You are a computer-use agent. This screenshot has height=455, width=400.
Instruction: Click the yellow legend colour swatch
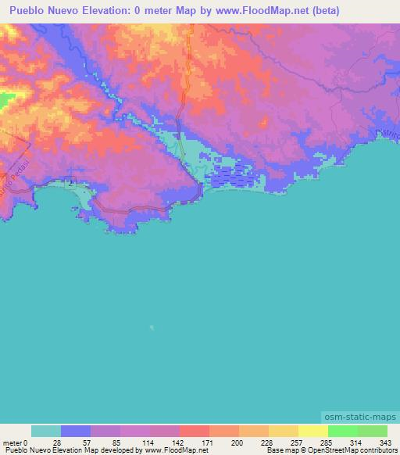[312, 431]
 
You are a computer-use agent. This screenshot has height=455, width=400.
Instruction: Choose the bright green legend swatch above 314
[342, 431]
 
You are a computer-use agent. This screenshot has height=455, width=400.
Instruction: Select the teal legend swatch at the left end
[46, 431]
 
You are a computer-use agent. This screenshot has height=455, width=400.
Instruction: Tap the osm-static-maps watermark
[359, 420]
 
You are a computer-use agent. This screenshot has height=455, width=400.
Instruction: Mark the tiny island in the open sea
[152, 328]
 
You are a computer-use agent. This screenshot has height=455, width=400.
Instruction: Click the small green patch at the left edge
[6, 100]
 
